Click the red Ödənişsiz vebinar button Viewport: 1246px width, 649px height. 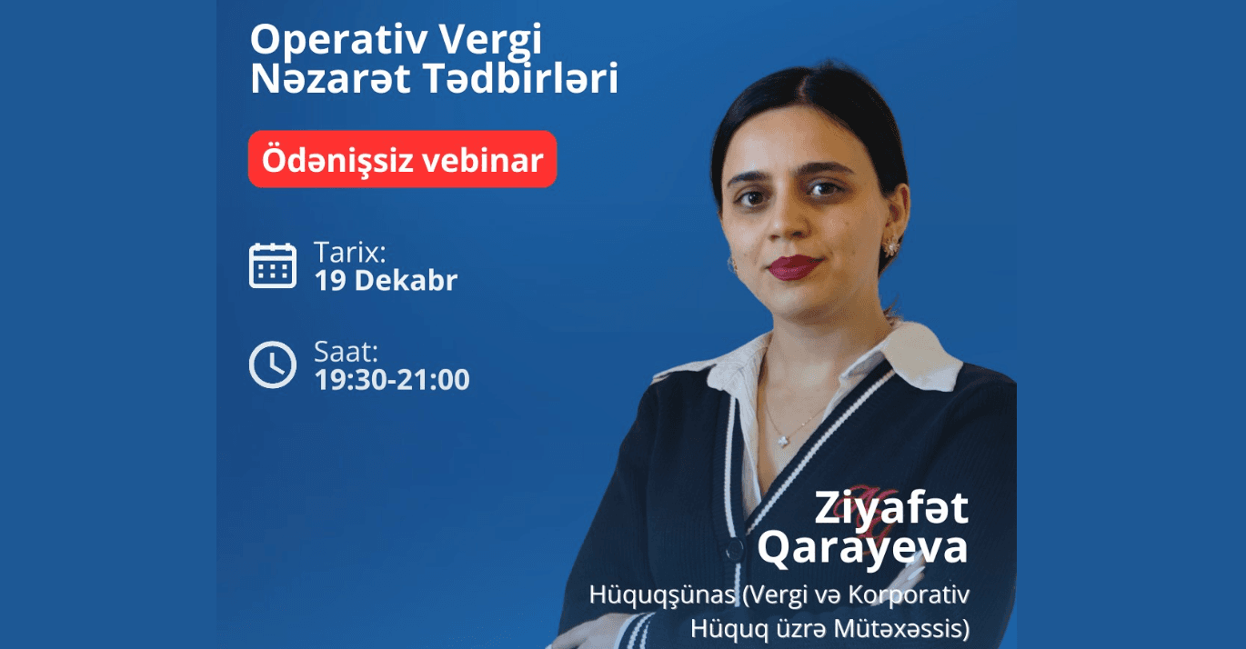click(402, 160)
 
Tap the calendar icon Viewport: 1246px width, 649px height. click(273, 265)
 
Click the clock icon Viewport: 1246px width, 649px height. click(273, 364)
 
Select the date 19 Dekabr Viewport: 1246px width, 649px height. click(386, 281)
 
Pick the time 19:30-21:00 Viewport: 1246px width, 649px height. click(392, 379)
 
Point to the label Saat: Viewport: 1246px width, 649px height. click(346, 352)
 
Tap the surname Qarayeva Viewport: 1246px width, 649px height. click(862, 547)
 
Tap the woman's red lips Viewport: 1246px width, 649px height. click(793, 266)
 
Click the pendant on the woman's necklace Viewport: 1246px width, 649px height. click(781, 439)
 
